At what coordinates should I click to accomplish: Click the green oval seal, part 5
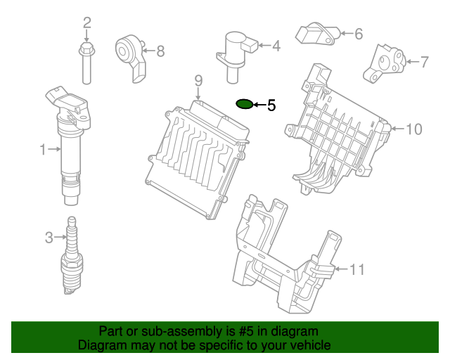pos(244,105)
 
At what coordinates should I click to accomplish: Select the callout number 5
pos(271,105)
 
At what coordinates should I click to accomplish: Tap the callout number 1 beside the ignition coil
pos(43,149)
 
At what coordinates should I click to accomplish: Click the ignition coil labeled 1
pos(70,141)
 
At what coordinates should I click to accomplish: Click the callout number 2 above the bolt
pos(87,22)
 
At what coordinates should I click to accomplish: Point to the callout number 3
pos(49,238)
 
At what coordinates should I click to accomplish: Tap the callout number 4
pos(276,46)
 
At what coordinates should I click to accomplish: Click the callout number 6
pos(358,33)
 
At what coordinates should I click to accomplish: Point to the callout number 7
pos(424,62)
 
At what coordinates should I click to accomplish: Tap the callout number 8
pos(160,51)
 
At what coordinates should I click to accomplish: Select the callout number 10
pos(414,129)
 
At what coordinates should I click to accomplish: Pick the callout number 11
pos(358,269)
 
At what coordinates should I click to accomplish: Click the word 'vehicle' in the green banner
pos(307,345)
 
